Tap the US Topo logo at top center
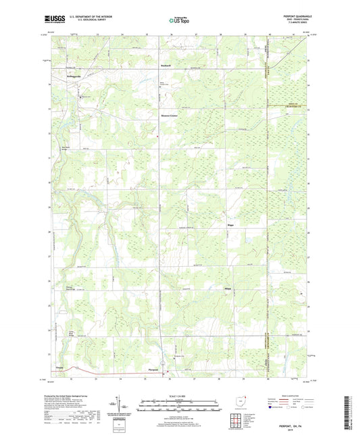179,21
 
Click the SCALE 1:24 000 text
180,395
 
